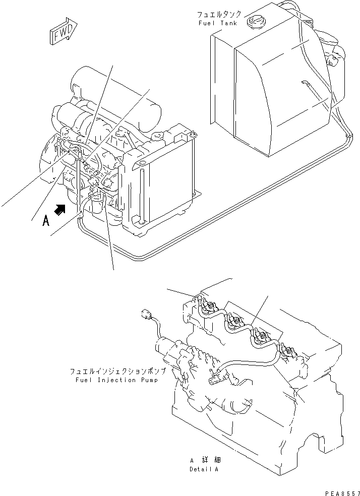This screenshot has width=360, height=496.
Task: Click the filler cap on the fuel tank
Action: pos(256,22)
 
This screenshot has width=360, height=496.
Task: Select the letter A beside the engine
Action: pos(46,220)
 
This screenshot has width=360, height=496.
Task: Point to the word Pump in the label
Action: pos(149,380)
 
